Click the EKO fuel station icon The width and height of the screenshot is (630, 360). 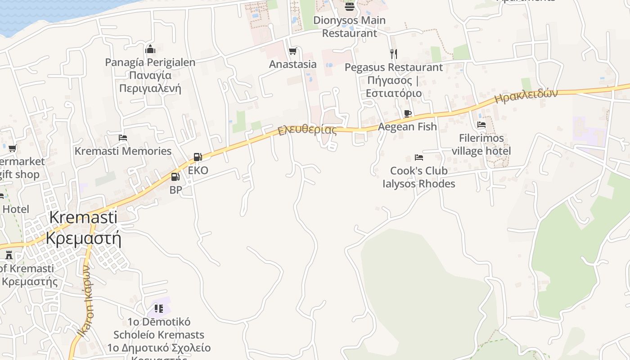[x=198, y=157]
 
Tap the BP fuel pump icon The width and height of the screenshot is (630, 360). [x=175, y=176]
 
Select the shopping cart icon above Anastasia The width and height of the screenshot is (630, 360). [x=293, y=51]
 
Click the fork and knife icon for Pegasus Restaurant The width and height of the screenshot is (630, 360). [x=394, y=54]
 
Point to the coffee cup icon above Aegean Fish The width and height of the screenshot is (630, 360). [x=408, y=113]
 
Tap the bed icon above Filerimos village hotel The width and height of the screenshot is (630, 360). [x=481, y=125]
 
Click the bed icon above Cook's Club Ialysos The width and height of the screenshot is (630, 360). [x=419, y=157]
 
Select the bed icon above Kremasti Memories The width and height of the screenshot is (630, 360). [x=123, y=138]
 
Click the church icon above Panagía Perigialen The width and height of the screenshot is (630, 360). [x=150, y=49]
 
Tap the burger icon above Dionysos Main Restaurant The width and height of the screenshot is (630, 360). [x=350, y=6]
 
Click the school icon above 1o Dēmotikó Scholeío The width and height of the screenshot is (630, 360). [x=158, y=309]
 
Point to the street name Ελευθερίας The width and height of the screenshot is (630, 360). [x=307, y=130]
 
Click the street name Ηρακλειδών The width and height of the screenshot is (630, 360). [x=526, y=96]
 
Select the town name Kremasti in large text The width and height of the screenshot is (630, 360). [x=83, y=217]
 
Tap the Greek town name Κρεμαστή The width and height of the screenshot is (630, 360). [x=84, y=238]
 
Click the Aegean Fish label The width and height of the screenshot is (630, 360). [x=407, y=127]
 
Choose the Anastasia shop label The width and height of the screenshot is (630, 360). [x=293, y=64]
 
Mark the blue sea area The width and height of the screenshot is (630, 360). [x=45, y=13]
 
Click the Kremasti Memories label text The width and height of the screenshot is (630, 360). [x=123, y=151]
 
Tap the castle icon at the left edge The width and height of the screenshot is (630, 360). [x=9, y=255]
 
